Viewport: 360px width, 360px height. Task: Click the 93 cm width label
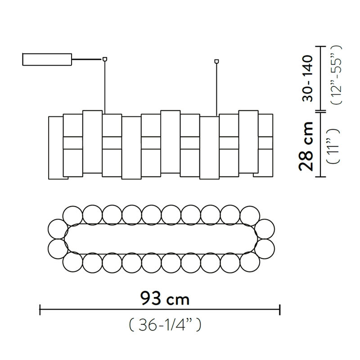[x=165, y=298]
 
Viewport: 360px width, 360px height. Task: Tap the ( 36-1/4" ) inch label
[x=165, y=325]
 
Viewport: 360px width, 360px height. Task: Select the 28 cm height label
[x=306, y=146]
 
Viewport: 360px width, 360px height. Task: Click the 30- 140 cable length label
[x=307, y=78]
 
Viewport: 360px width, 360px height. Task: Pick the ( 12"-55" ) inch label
[x=336, y=75]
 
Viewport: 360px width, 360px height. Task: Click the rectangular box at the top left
[x=47, y=59]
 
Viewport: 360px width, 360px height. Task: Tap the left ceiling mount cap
[x=105, y=59]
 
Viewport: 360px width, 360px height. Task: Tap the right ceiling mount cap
[x=216, y=61]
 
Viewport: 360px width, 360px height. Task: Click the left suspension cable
[x=105, y=88]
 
